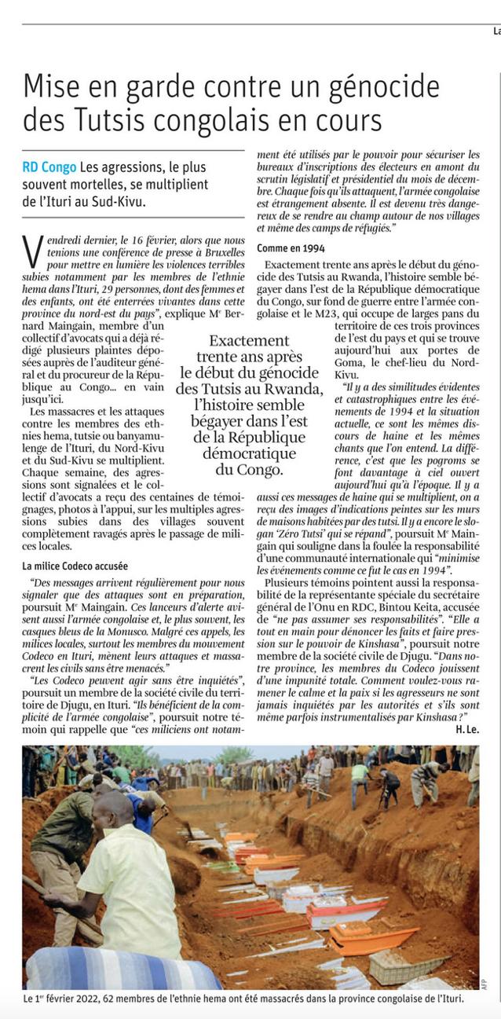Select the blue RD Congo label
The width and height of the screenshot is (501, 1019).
pos(49,167)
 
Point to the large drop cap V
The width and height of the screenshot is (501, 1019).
pos(33,251)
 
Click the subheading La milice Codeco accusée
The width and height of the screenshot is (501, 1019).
pos(75,566)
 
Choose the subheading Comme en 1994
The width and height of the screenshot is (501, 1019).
pos(291,248)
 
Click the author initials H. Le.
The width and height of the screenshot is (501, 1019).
pos(467,729)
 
